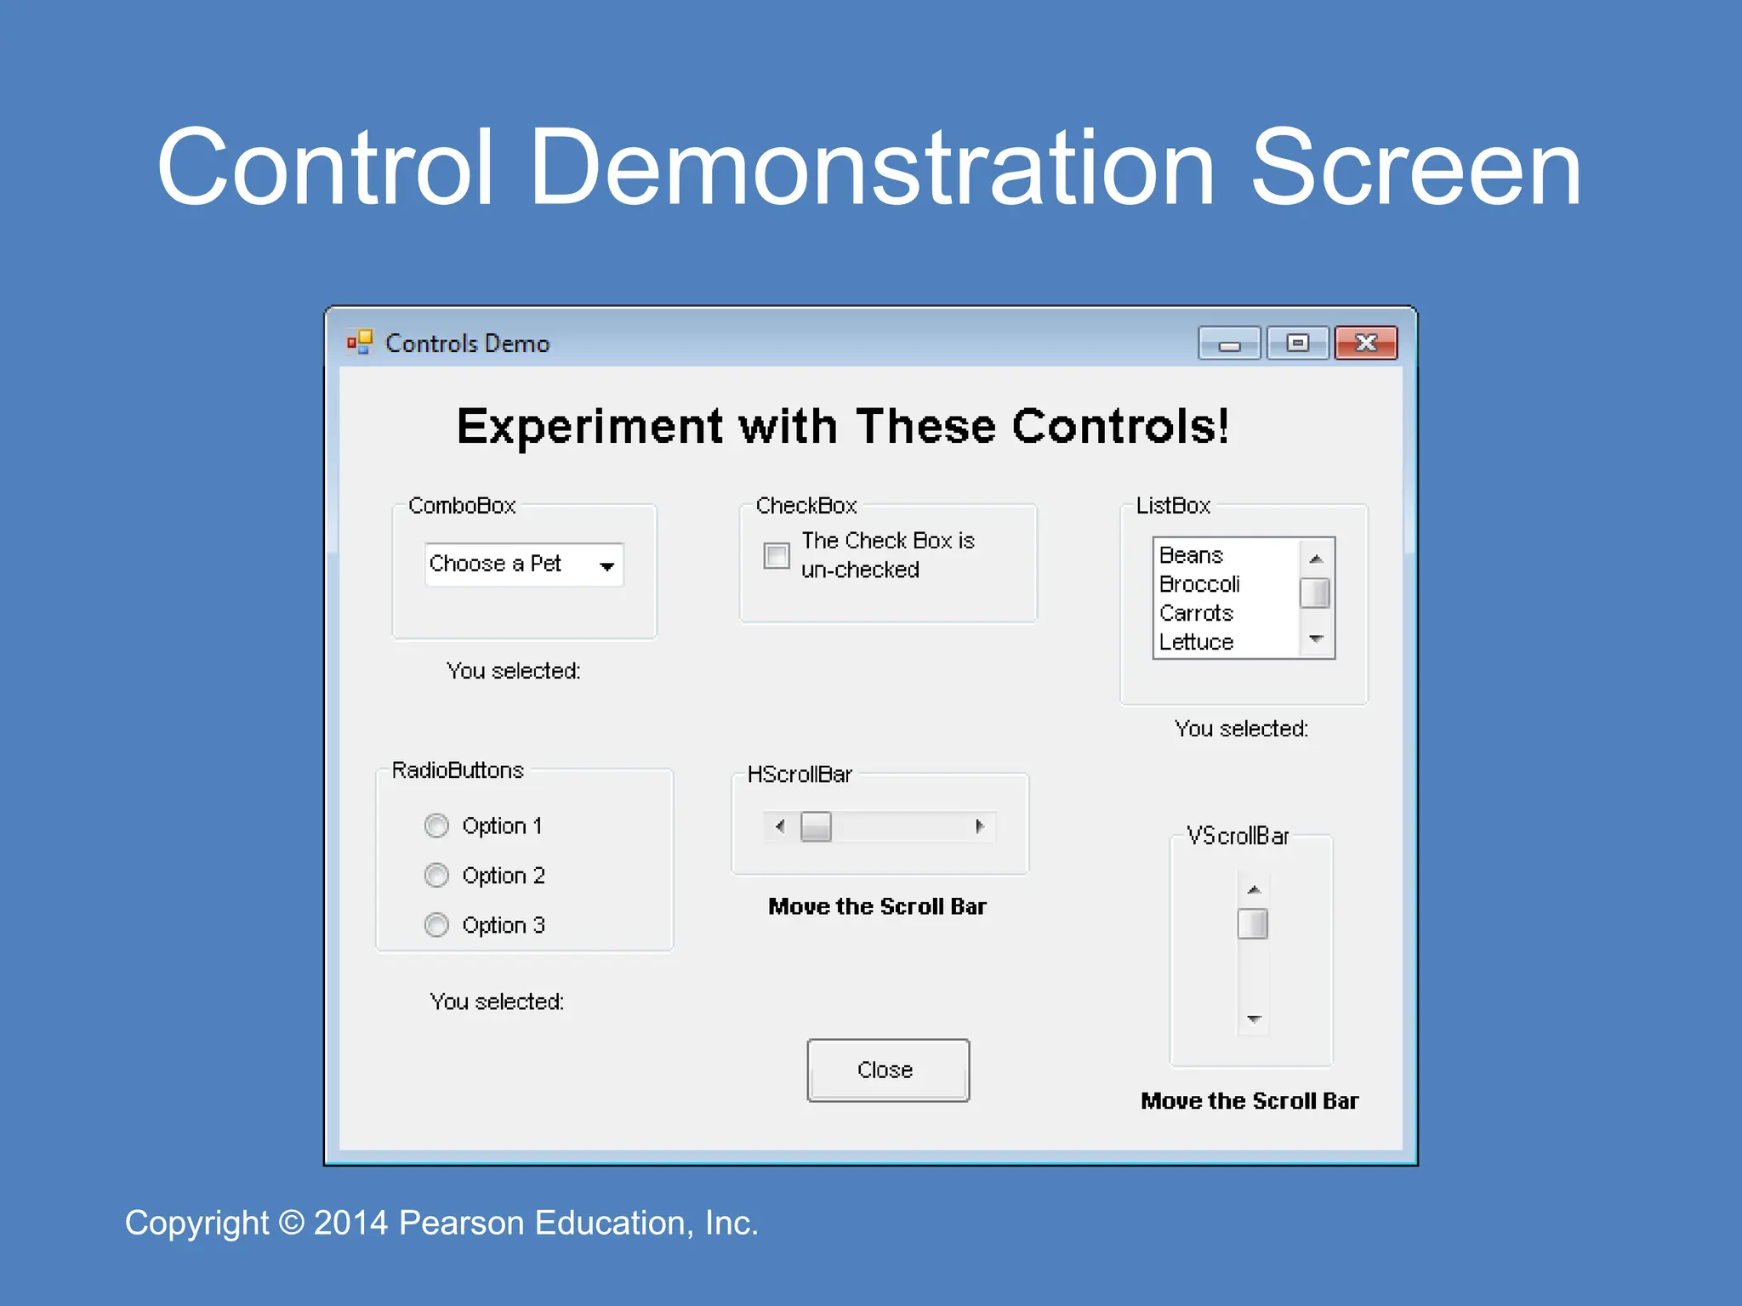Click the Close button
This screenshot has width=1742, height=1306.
click(887, 1070)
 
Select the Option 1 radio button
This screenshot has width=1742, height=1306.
click(436, 826)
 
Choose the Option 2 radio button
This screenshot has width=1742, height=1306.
click(436, 875)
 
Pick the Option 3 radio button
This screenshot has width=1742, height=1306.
click(436, 924)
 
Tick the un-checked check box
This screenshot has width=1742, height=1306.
click(776, 555)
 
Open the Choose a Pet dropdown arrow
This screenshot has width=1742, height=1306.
click(606, 566)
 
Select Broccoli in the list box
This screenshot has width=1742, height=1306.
click(1199, 584)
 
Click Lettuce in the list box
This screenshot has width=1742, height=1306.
click(1196, 642)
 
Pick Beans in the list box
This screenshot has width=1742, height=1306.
click(1191, 555)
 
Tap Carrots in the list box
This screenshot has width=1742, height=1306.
click(1196, 613)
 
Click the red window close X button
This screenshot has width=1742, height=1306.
click(1365, 344)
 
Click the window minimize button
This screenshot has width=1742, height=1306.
click(1229, 344)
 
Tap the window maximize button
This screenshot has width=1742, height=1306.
click(1297, 344)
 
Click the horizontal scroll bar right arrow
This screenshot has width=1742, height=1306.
click(980, 826)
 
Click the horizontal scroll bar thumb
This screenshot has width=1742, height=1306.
click(816, 826)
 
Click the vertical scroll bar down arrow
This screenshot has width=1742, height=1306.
click(1253, 1019)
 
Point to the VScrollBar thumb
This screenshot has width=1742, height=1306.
click(1252, 923)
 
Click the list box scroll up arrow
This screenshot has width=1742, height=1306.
click(1316, 559)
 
